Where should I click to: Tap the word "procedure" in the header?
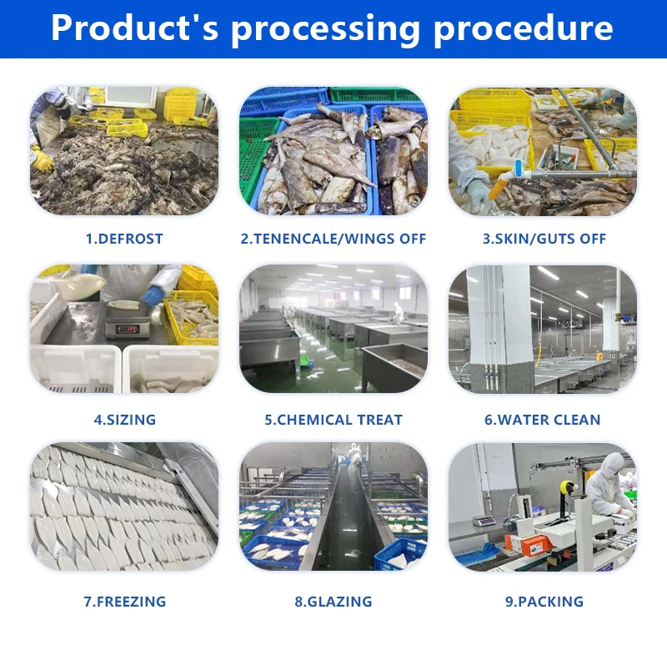(x=523, y=28)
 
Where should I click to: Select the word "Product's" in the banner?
(x=137, y=28)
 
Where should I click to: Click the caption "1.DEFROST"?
(x=124, y=239)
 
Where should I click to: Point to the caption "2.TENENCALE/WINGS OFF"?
(x=333, y=239)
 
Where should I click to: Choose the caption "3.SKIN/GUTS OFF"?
(x=543, y=239)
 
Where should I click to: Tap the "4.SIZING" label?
(x=124, y=420)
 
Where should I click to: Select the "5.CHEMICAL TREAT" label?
(x=333, y=420)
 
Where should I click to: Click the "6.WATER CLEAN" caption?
(x=543, y=420)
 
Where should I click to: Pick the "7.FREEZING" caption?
(x=124, y=602)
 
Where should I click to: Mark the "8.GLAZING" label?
(x=333, y=602)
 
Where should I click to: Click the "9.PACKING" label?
(x=543, y=602)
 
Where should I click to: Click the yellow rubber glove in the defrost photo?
(x=43, y=159)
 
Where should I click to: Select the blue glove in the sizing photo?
(x=153, y=296)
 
